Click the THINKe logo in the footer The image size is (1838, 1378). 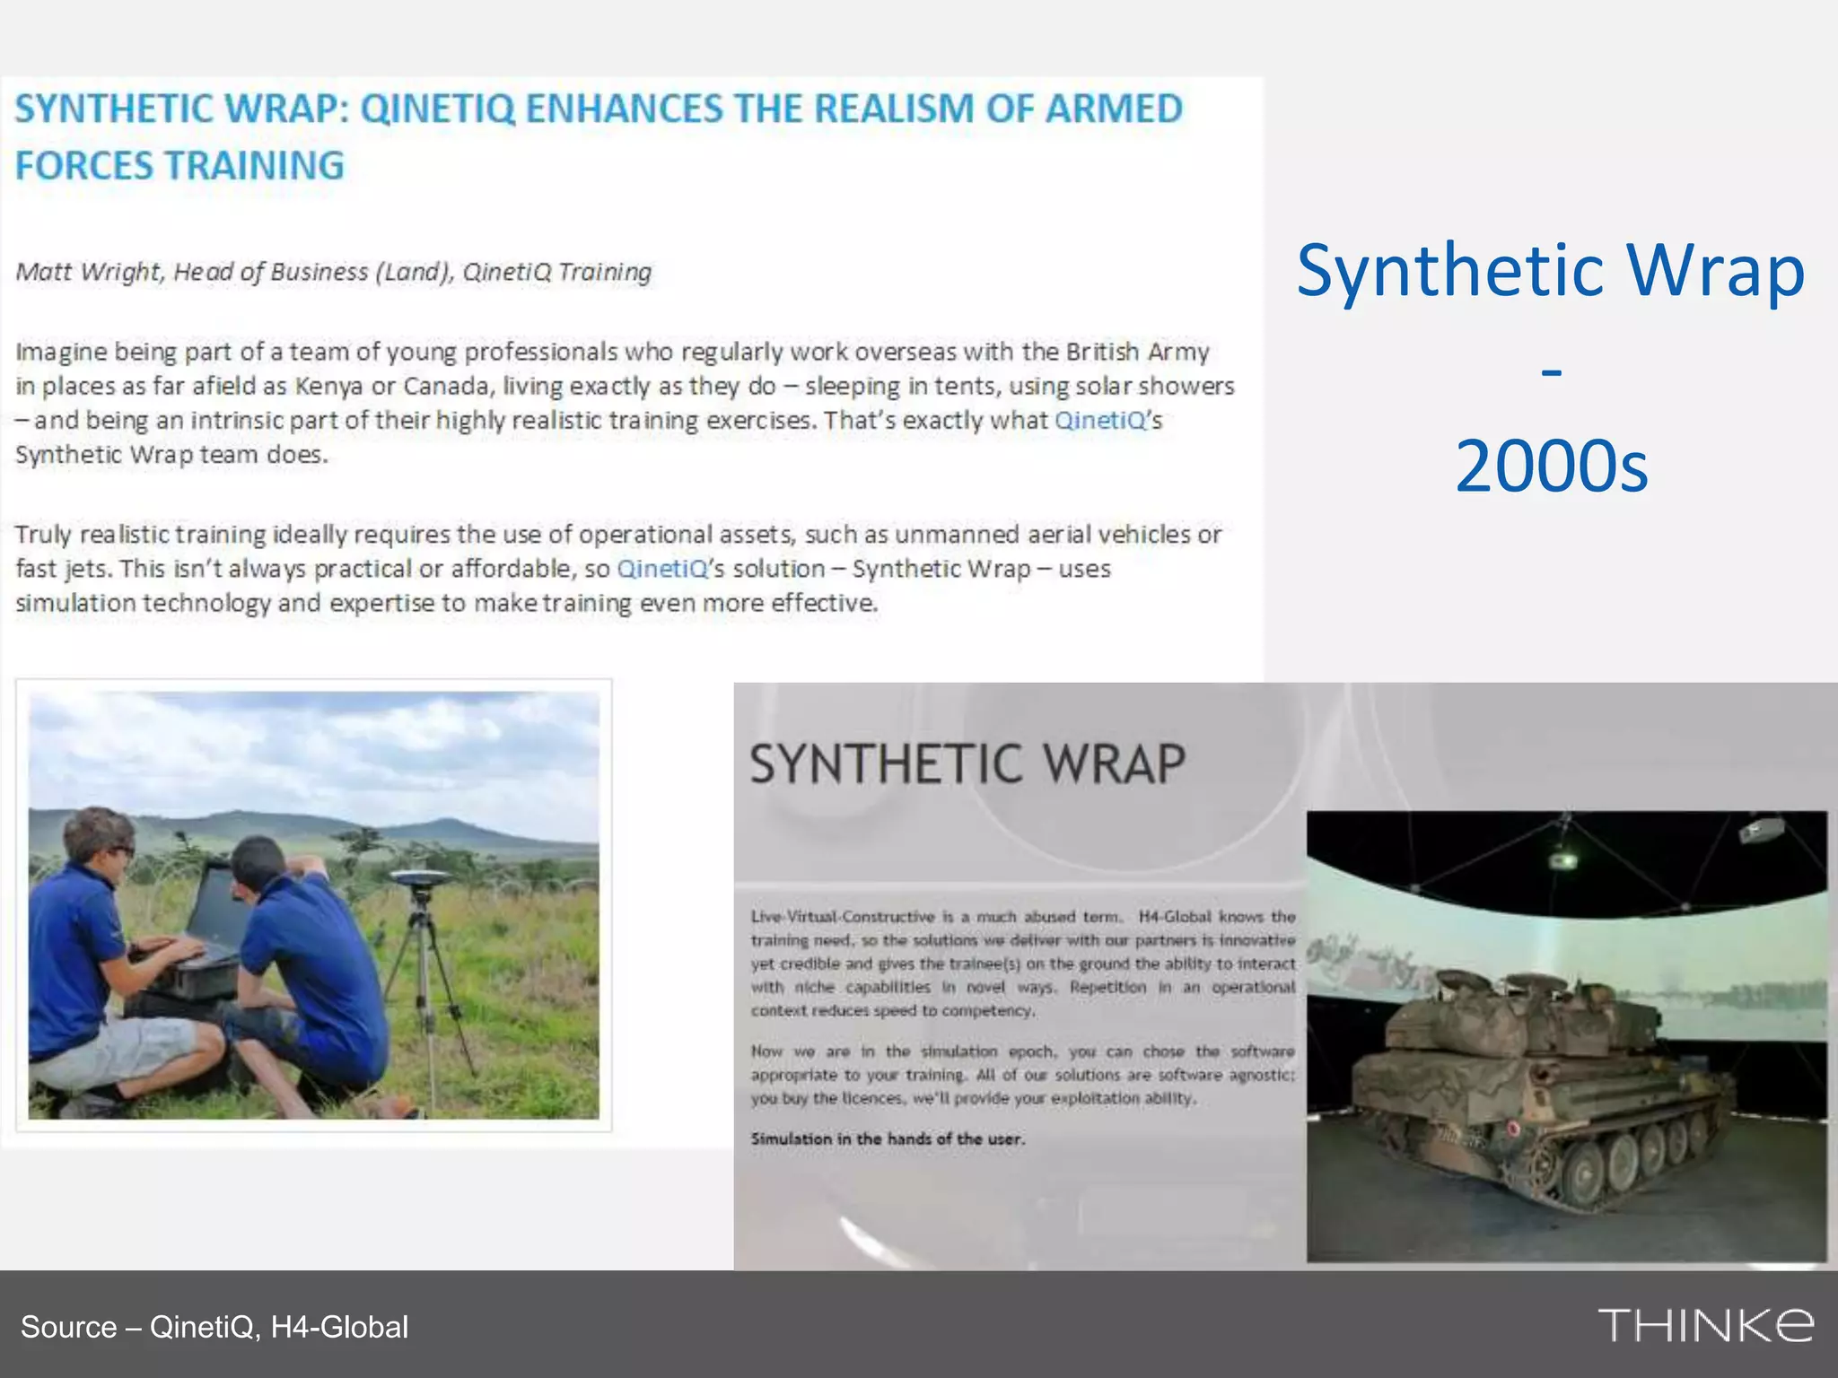1704,1325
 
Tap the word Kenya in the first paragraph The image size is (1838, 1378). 328,386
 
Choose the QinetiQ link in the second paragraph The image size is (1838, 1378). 662,569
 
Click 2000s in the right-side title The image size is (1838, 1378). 1551,467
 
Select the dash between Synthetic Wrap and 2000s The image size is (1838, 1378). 1551,370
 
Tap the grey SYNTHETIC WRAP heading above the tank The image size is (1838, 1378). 967,764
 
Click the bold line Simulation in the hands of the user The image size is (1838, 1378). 887,1139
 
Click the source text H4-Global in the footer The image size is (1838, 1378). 339,1327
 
